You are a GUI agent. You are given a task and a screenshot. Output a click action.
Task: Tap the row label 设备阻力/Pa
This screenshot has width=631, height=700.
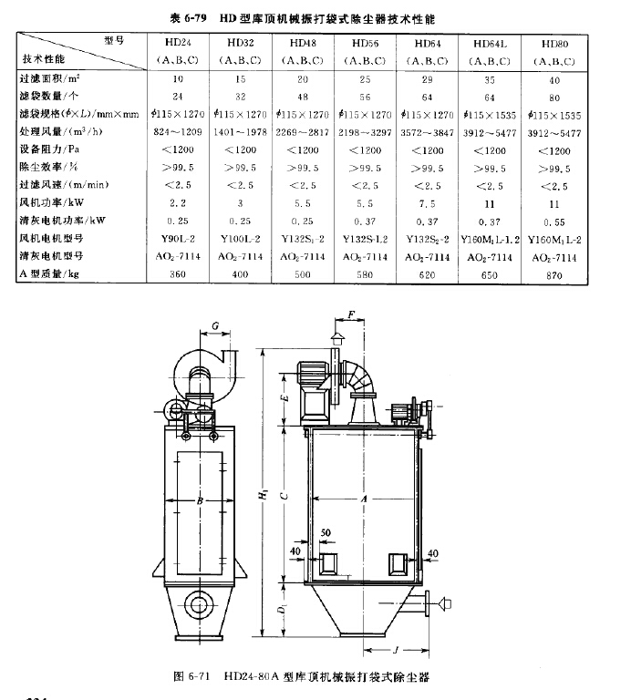[53, 149]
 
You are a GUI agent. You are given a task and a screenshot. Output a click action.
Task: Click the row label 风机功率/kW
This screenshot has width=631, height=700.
[53, 201]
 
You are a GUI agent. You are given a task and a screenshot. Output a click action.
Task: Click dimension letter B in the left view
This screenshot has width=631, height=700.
[197, 499]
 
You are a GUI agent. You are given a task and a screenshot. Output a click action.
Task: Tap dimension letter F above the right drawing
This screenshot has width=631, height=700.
[351, 316]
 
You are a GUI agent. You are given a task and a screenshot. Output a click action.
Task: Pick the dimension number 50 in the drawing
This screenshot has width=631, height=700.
[326, 532]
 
